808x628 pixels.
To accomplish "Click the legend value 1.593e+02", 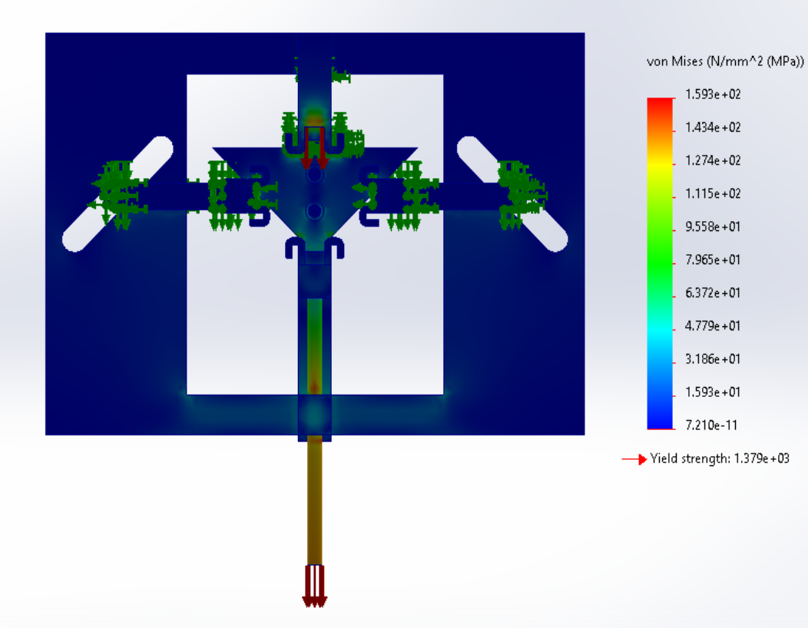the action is pyautogui.click(x=713, y=94).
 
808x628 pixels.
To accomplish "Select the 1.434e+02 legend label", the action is pyautogui.click(x=713, y=127).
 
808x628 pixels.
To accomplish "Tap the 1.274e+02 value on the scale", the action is pyautogui.click(x=713, y=160).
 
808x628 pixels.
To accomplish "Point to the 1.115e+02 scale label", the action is pyautogui.click(x=713, y=193).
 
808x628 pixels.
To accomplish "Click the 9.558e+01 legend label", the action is pyautogui.click(x=713, y=226).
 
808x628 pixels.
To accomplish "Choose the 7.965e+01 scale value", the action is pyautogui.click(x=713, y=259).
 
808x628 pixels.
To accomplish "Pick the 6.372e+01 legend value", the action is pyautogui.click(x=713, y=293).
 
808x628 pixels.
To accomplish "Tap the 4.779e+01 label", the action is pyautogui.click(x=713, y=326).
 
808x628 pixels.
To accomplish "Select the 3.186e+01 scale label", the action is pyautogui.click(x=713, y=359).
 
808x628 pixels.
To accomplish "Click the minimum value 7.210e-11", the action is pyautogui.click(x=711, y=425).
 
